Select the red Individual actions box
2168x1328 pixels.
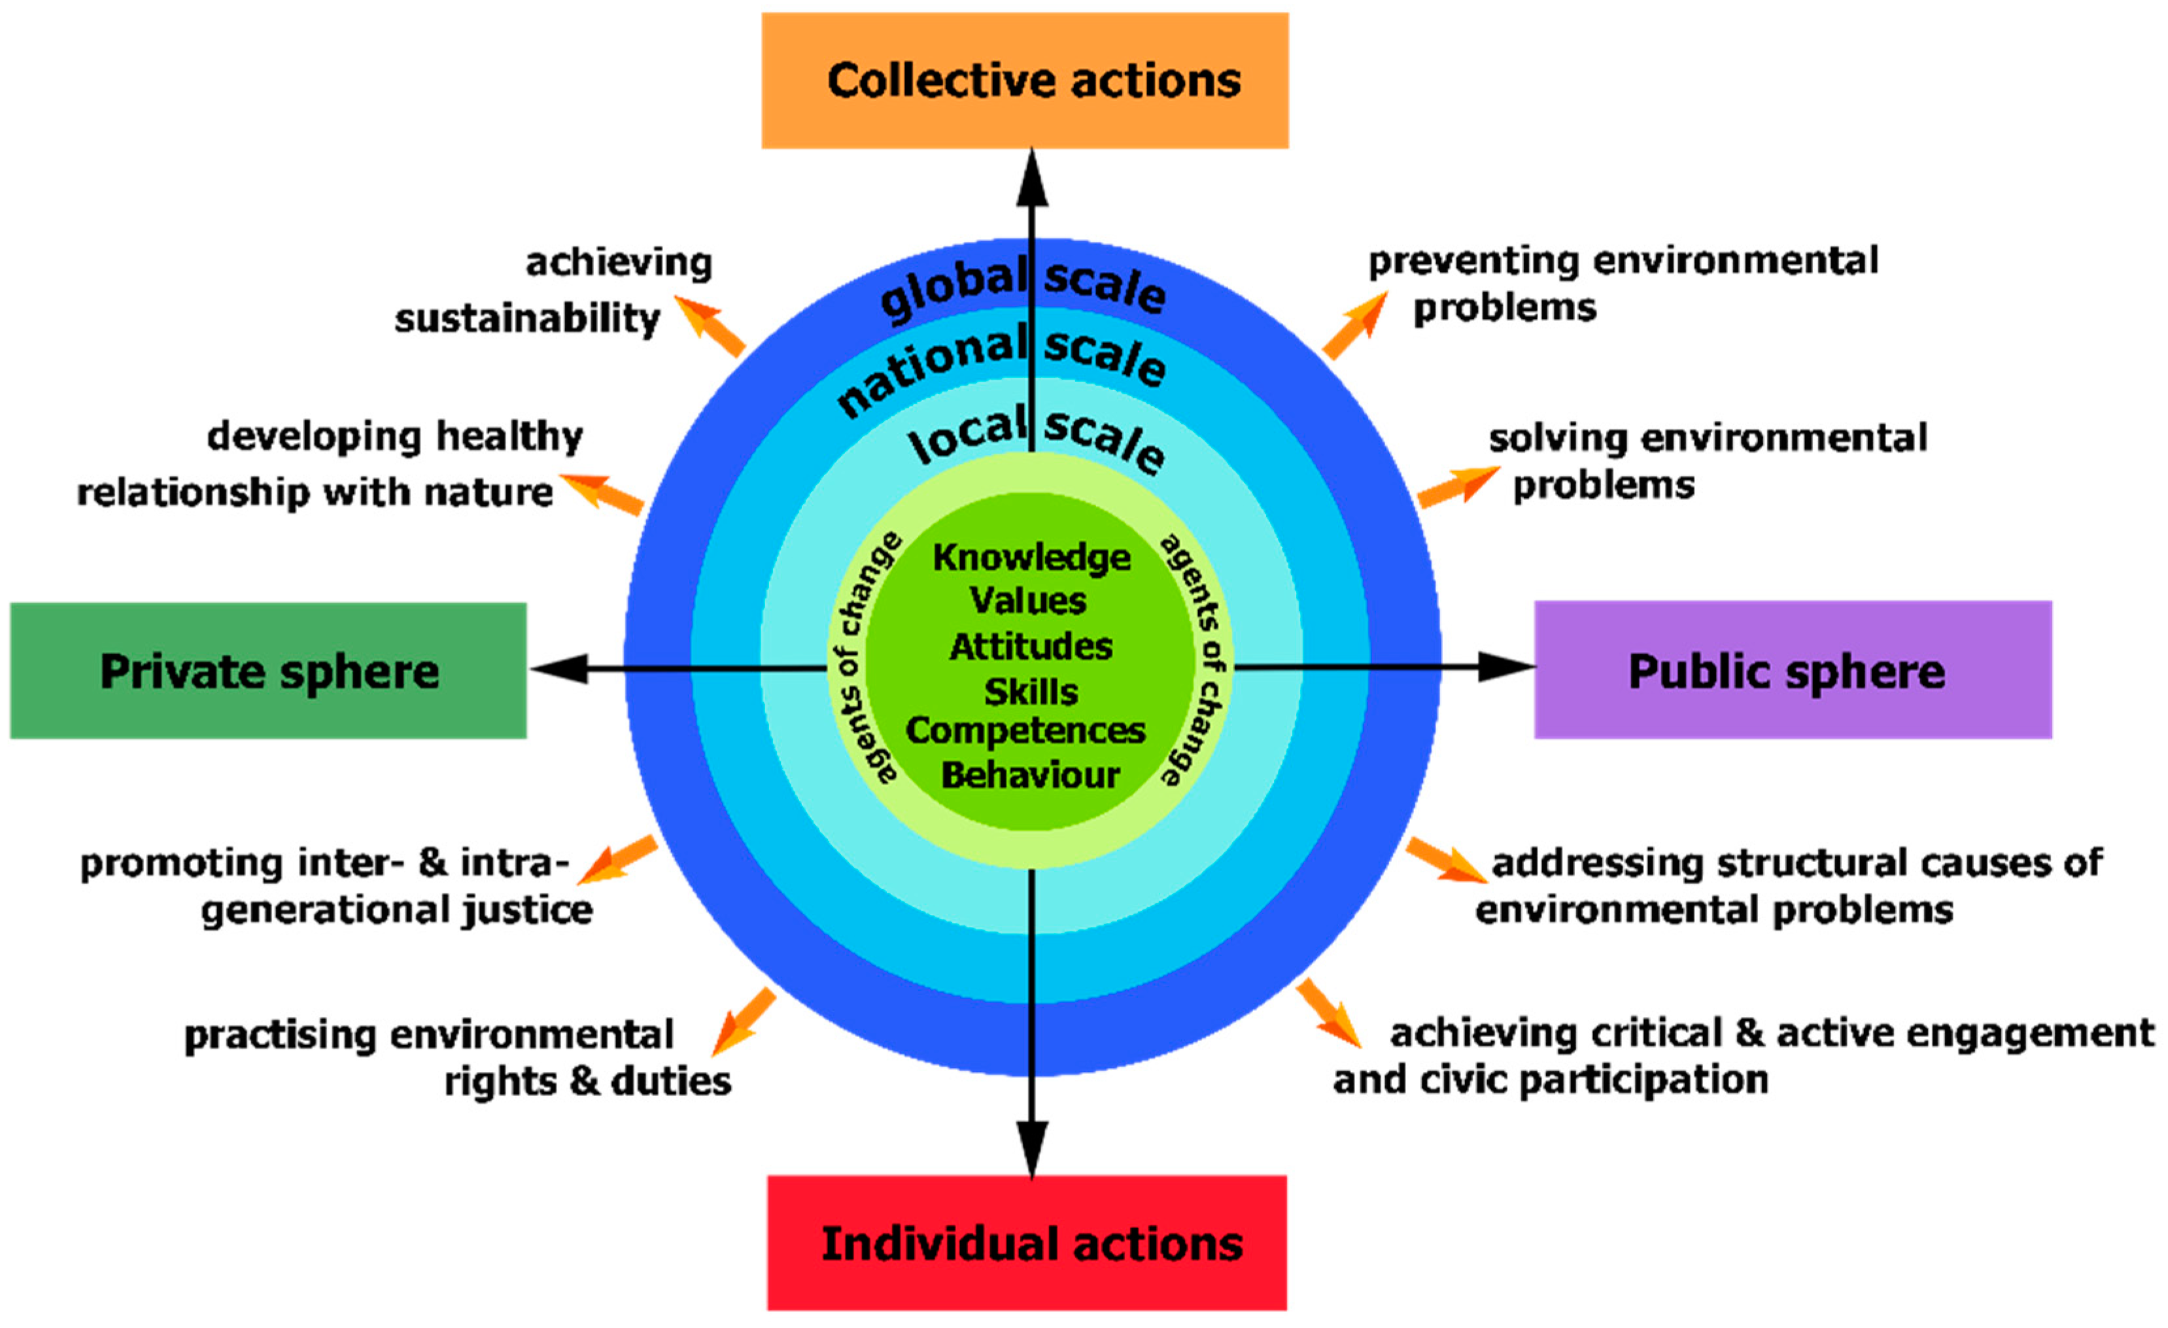coord(1027,1244)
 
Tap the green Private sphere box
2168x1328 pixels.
coord(268,671)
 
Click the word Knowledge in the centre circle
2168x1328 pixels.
coord(1031,557)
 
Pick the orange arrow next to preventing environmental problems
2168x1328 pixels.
coord(1355,325)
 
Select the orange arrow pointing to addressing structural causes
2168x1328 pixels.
coord(1445,860)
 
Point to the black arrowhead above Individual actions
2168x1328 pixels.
coord(1032,1148)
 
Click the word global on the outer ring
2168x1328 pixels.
coord(952,288)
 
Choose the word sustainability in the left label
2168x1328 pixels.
coord(526,319)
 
